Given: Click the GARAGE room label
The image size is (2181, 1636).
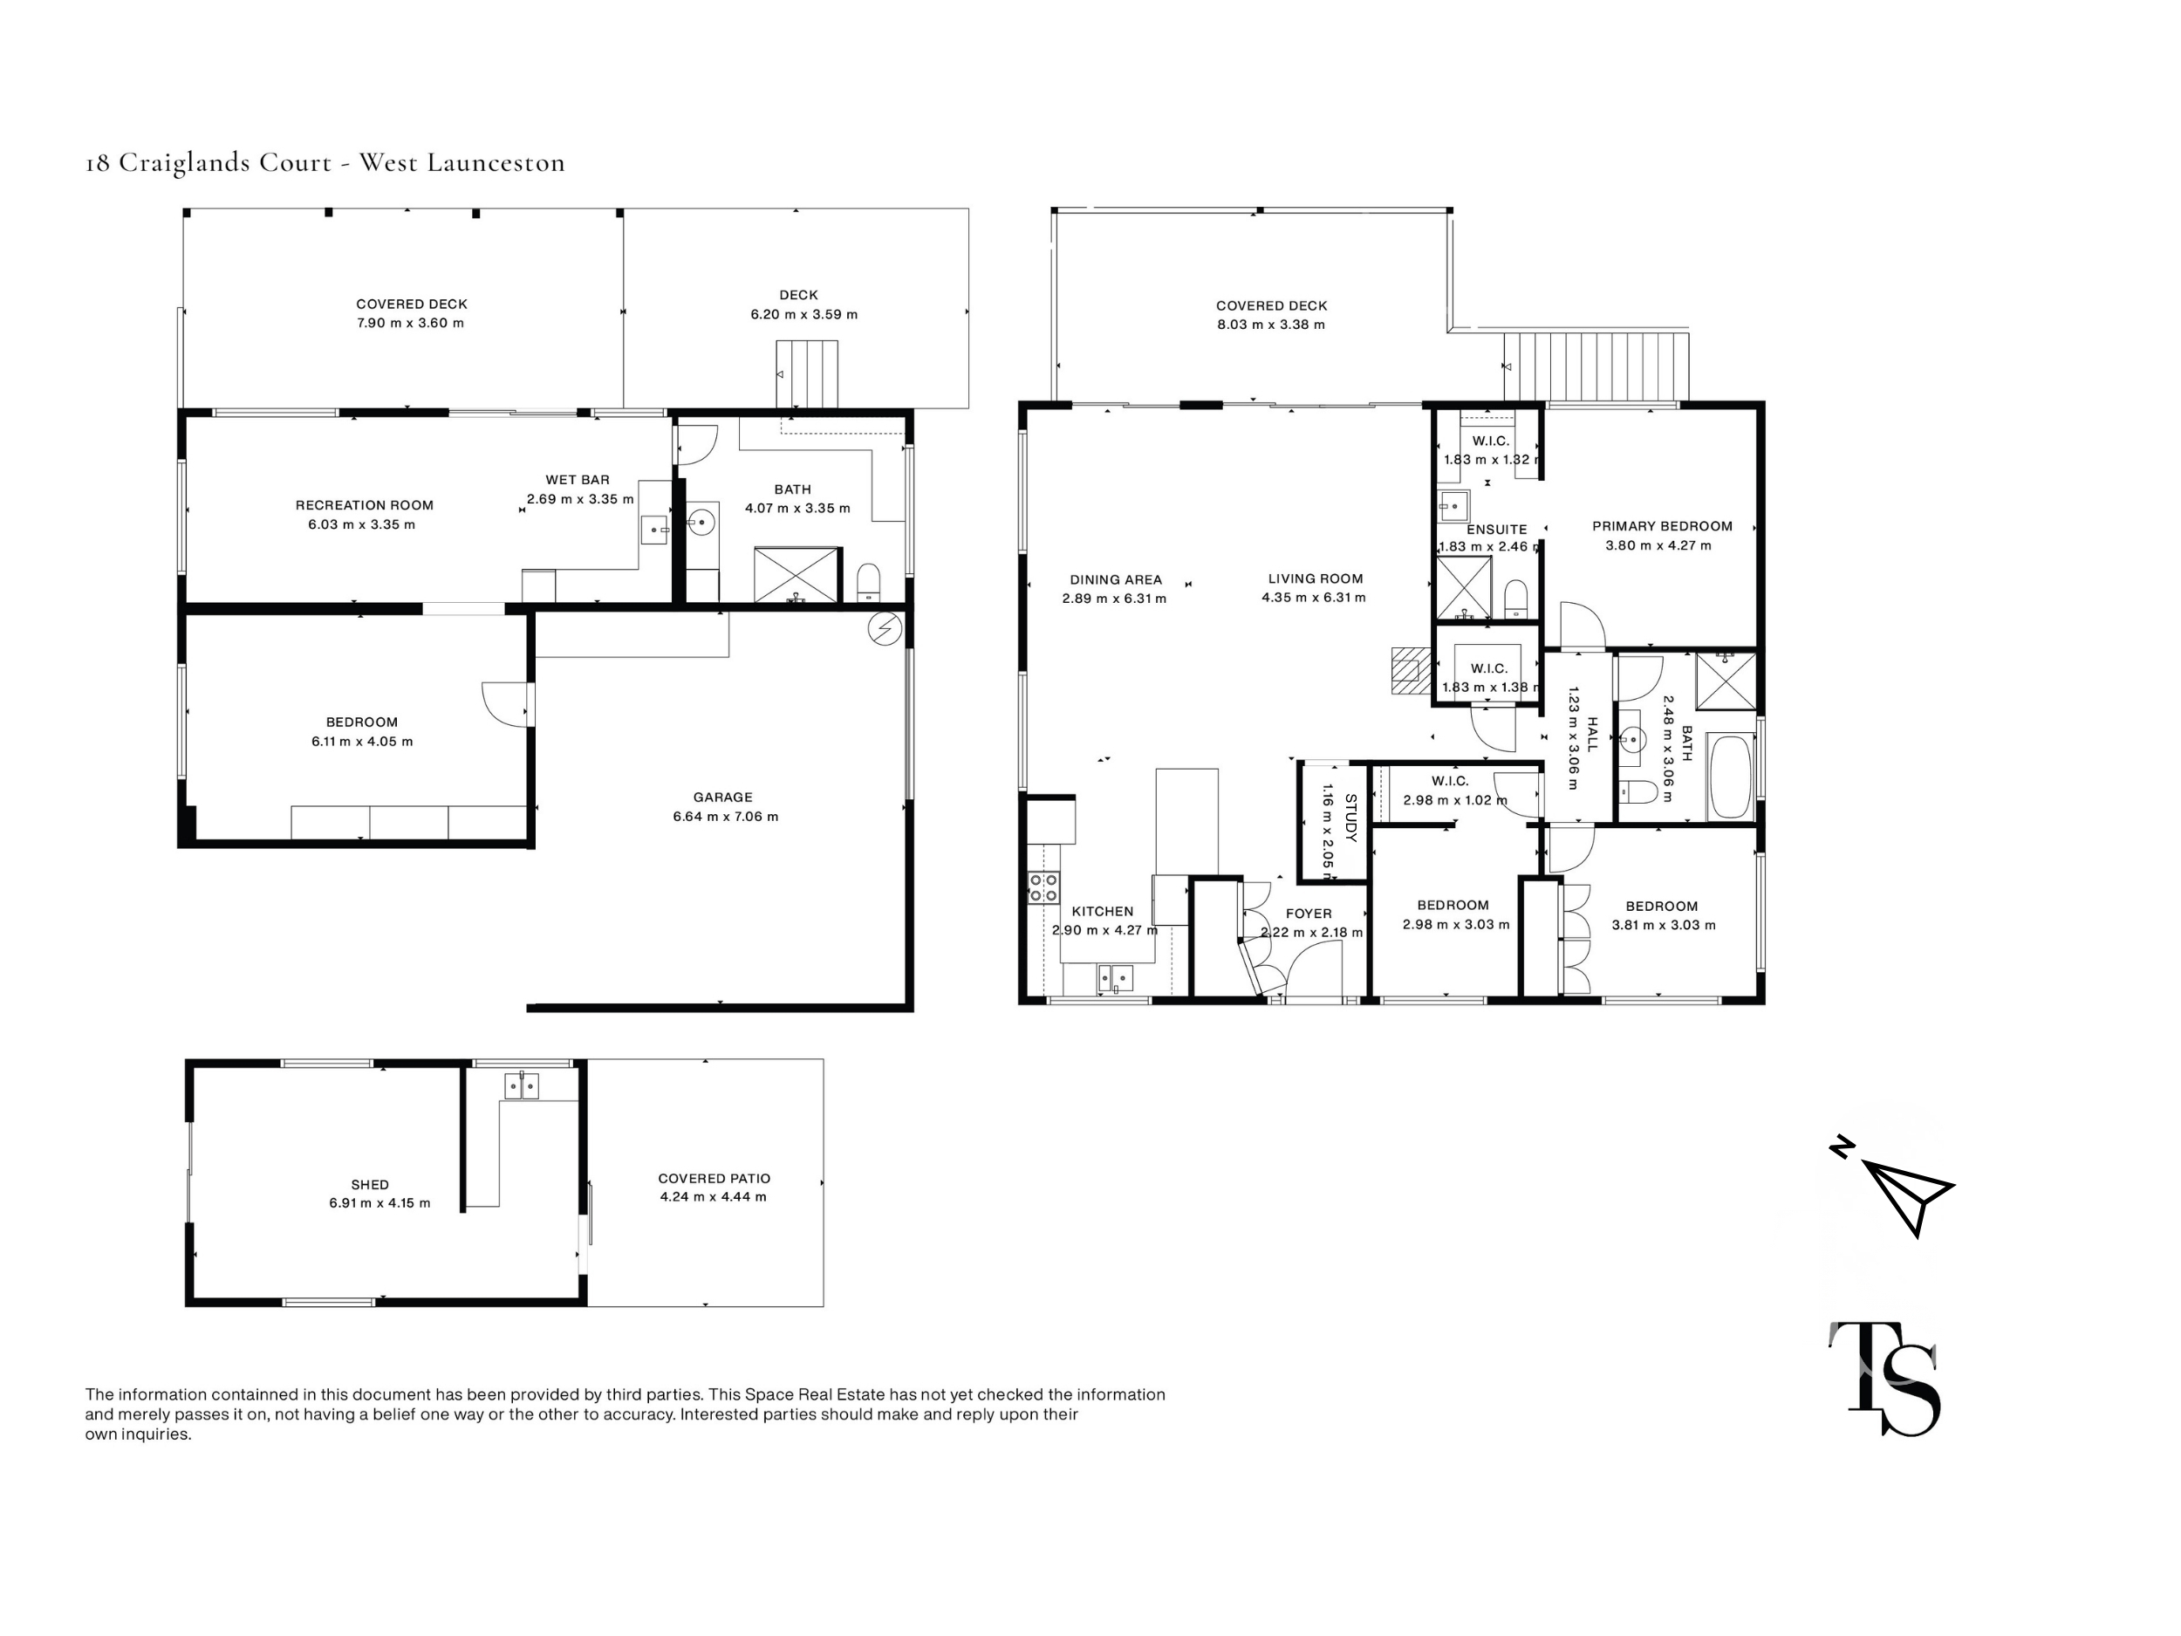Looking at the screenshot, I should [x=721, y=797].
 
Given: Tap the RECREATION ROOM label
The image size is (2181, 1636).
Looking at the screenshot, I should [x=364, y=505].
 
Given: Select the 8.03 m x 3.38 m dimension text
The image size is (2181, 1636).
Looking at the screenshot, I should [x=1270, y=325].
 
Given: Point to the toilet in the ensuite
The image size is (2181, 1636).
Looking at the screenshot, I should [x=1515, y=598].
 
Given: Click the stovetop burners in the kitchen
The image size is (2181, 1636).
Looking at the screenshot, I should [x=1043, y=887].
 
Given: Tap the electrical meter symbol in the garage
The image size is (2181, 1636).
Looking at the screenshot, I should [x=885, y=628].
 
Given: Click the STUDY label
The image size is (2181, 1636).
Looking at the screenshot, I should [x=1350, y=818].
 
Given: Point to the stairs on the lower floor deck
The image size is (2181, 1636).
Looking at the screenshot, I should [x=807, y=373].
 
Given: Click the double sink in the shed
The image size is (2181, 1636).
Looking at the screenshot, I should [x=521, y=1086].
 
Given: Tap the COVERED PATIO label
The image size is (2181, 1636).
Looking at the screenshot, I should [x=714, y=1179].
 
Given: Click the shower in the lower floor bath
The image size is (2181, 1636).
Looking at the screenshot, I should [x=797, y=575].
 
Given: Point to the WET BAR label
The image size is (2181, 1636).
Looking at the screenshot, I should [x=577, y=480].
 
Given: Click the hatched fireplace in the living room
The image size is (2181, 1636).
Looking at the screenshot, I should [x=1410, y=671].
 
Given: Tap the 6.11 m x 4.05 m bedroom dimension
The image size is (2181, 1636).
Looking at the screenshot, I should [x=362, y=742].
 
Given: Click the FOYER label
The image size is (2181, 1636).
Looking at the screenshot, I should [x=1309, y=914].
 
